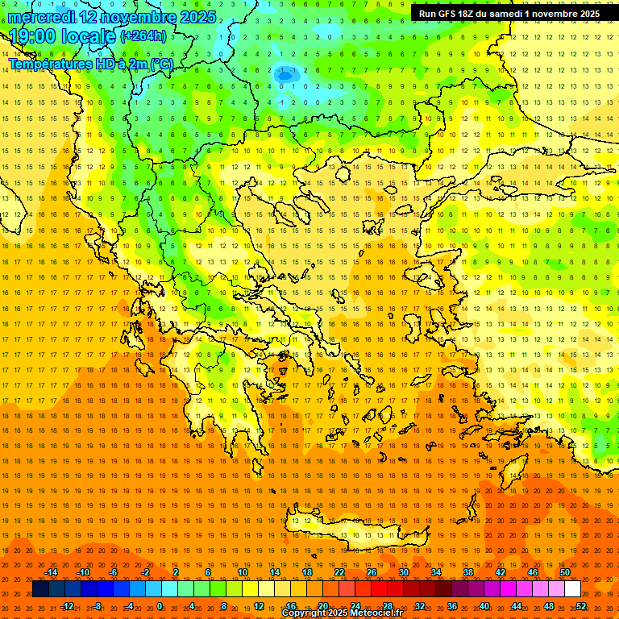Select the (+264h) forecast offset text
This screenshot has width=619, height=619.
pos(144,35)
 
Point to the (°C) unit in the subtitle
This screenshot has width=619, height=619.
pos(161,64)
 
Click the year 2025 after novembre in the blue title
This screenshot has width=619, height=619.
pos(197,17)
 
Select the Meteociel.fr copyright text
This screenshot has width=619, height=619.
pos(342,613)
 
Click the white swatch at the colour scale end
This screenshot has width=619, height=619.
pos(573,589)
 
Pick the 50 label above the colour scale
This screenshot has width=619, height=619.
pos(565,572)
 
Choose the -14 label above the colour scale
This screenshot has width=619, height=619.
pos(52,572)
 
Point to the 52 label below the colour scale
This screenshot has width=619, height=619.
pos(581,606)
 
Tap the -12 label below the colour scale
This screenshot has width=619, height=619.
pos(68,606)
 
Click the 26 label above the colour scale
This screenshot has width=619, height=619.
pos(372,572)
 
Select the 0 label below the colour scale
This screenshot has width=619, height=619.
pos(160,606)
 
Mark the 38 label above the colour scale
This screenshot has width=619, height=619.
pos(468,572)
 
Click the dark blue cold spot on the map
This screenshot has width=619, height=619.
pos(285,75)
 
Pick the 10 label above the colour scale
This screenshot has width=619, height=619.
pos(243,572)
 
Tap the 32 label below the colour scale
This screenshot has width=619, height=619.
pos(420,606)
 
